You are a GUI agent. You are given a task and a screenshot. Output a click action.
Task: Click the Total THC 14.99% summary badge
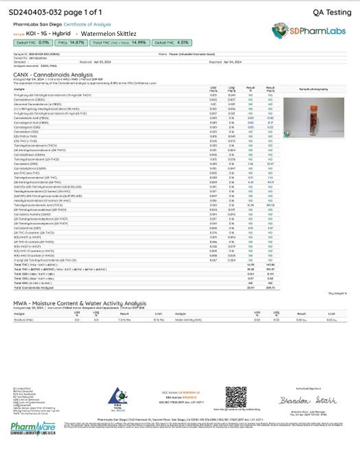[120, 42]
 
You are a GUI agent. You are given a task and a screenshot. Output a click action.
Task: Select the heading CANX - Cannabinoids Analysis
[53, 75]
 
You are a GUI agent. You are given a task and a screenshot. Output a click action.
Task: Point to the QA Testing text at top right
[332, 12]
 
